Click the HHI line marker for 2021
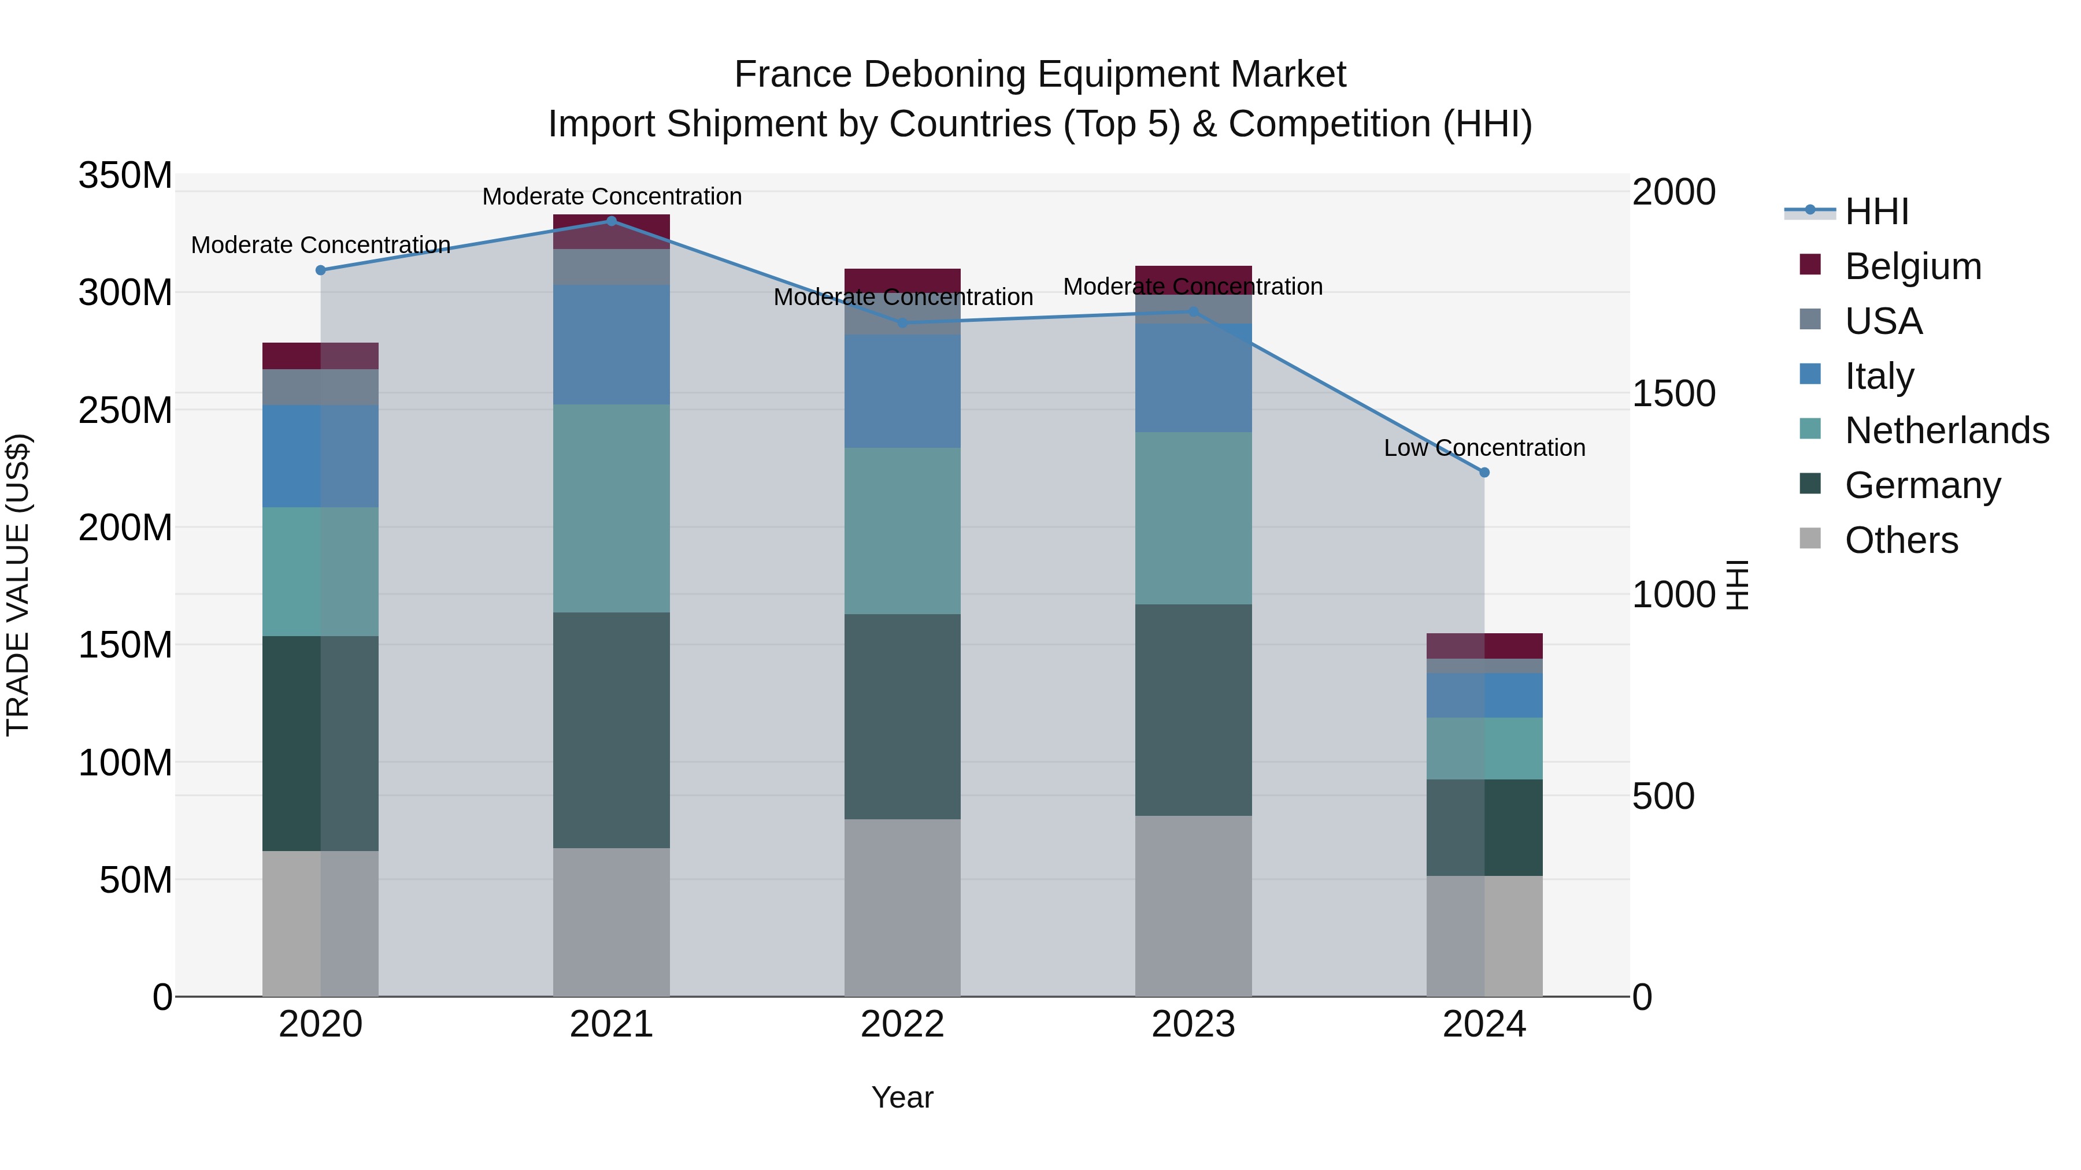612,221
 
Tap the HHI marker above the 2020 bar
321,270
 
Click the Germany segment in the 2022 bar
902,716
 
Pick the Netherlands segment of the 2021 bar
612,508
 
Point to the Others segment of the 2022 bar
902,908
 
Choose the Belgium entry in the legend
1912,266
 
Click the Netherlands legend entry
1946,430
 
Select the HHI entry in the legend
1876,211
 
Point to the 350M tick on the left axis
125,176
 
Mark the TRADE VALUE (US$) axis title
18,585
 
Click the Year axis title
902,1097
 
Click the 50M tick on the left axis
136,880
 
